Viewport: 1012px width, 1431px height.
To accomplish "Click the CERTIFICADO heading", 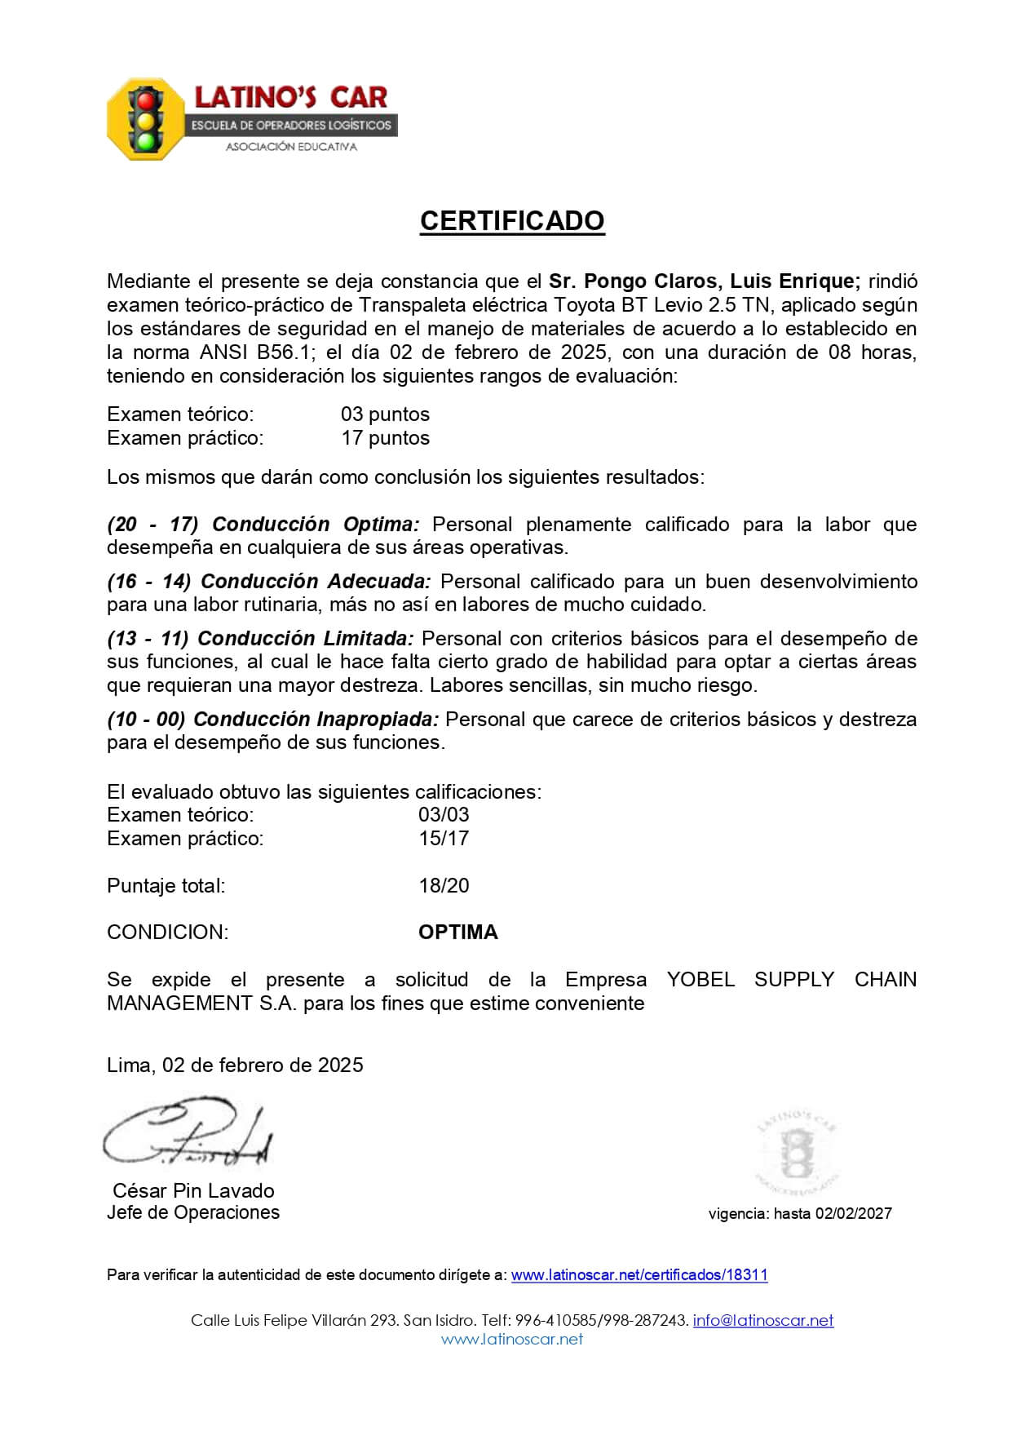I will pyautogui.click(x=512, y=221).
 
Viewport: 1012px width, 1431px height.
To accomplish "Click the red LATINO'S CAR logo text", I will pyautogui.click(x=290, y=98).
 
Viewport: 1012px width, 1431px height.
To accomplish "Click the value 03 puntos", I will pyautogui.click(x=385, y=414).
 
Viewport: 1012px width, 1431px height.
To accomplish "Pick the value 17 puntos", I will pyautogui.click(x=385, y=438).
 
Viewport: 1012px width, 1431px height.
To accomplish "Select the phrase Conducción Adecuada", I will pyautogui.click(x=316, y=581).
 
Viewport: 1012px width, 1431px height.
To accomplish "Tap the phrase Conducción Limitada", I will pyautogui.click(x=306, y=638).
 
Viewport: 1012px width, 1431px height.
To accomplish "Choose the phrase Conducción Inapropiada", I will pyautogui.click(x=316, y=720).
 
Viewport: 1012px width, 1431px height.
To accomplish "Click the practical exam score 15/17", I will pyautogui.click(x=444, y=838).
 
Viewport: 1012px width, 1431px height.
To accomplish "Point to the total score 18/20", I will pyautogui.click(x=444, y=885).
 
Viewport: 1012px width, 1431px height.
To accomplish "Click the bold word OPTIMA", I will pyautogui.click(x=457, y=933).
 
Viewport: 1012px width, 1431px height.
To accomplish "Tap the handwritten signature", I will pyautogui.click(x=188, y=1135).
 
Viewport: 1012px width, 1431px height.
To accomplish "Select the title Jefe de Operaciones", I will pyautogui.click(x=193, y=1212).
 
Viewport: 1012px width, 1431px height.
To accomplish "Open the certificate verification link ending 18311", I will pyautogui.click(x=639, y=1275).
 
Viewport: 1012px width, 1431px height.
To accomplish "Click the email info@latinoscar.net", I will pyautogui.click(x=763, y=1320).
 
